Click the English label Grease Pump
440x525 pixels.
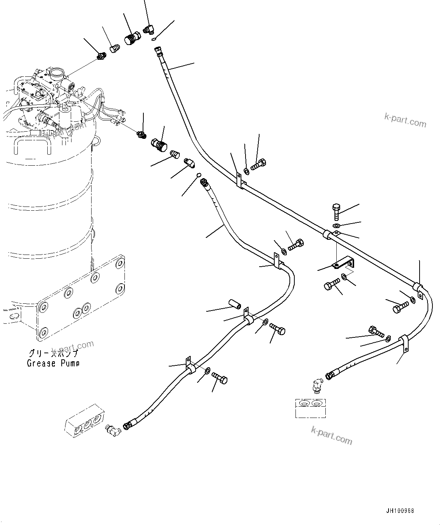tap(53, 363)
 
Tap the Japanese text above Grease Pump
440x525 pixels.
tap(53, 354)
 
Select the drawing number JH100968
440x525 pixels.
tap(400, 511)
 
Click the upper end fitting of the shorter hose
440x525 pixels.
tap(205, 183)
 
